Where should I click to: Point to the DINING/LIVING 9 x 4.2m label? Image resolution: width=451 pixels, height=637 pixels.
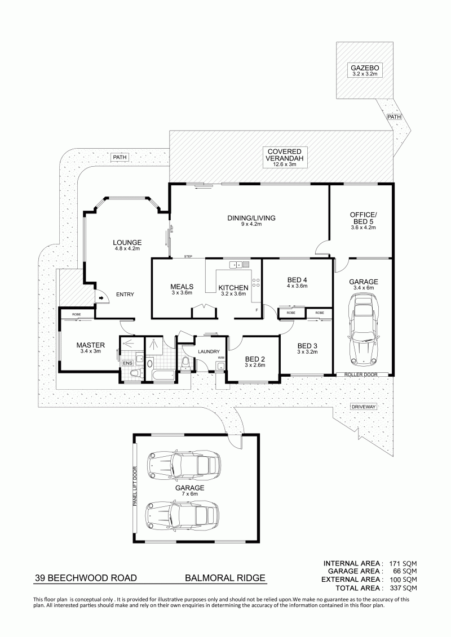coord(251,220)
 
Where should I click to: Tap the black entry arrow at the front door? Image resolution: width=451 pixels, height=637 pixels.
coord(100,299)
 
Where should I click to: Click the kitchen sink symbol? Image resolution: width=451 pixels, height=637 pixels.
coord(239,265)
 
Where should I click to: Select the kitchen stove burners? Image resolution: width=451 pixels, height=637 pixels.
coord(256,282)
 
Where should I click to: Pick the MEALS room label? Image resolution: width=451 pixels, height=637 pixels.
coord(182,287)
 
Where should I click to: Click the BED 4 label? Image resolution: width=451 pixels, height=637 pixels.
coord(297,279)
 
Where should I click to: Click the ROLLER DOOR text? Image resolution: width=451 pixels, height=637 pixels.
coord(361,374)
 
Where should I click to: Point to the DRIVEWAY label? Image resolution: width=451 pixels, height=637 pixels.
coord(364,407)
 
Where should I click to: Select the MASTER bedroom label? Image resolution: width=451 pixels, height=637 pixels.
coord(91,345)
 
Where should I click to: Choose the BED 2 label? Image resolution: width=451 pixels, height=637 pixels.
coord(255,359)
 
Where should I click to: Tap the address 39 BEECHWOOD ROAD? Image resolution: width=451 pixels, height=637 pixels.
coord(86,578)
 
